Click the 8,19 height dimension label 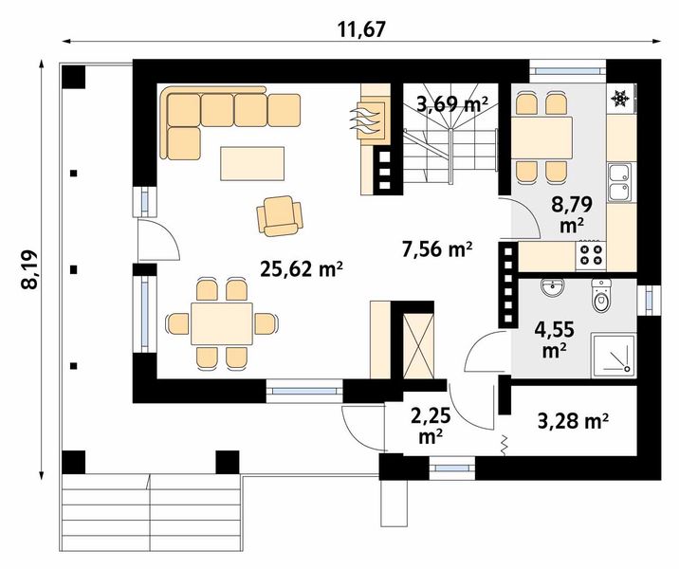click(x=31, y=270)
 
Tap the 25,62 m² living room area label click(x=301, y=269)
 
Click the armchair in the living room click(x=280, y=214)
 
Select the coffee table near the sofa click(x=252, y=162)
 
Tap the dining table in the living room click(x=221, y=323)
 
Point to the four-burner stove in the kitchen click(x=591, y=252)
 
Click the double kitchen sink click(x=620, y=183)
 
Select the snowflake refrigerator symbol click(x=620, y=98)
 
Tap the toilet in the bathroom click(x=601, y=297)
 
